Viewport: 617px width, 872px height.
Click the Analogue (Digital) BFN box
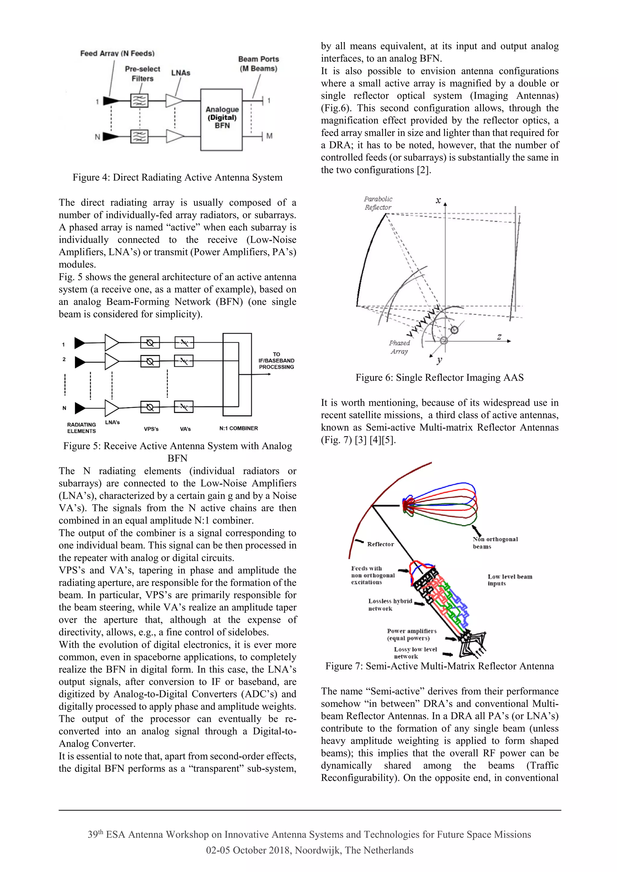coord(222,119)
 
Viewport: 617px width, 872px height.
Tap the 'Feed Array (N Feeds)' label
coord(117,54)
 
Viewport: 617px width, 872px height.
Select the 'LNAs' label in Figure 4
coord(180,73)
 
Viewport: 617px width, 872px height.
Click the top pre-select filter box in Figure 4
coord(139,101)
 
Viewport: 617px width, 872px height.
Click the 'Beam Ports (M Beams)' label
coord(258,64)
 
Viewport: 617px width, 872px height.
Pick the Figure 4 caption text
coord(177,177)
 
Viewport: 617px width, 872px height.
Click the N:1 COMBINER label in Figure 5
coord(238,428)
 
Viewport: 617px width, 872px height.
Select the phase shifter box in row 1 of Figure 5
coord(150,343)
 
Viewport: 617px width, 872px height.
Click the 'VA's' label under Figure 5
coord(185,429)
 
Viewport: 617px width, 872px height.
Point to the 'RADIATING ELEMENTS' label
coord(81,428)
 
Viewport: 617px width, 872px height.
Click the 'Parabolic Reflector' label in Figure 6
coord(378,203)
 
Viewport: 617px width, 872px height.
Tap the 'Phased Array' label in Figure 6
coord(399,347)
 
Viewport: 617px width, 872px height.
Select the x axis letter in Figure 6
coord(438,200)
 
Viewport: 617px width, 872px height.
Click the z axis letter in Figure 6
coord(499,337)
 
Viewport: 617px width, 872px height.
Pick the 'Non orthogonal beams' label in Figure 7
coord(495,543)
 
